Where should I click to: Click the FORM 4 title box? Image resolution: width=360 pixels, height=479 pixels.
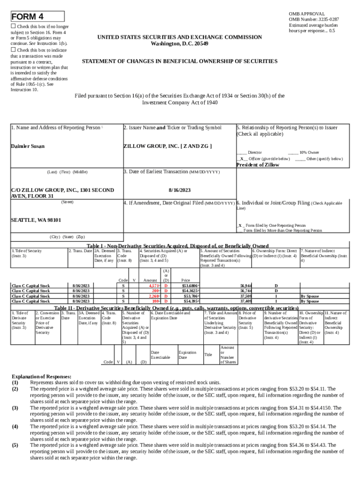(37, 17)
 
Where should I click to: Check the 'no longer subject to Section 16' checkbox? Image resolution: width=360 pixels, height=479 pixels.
(14, 27)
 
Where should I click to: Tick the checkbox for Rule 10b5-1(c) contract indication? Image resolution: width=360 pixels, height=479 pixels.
(14, 50)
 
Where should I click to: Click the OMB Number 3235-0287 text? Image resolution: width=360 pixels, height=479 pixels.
(314, 19)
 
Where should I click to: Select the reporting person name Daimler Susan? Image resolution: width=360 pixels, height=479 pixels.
(28, 146)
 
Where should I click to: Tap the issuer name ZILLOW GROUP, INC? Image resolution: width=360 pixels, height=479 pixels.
(167, 146)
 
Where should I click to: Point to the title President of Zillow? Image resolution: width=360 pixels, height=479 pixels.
(258, 165)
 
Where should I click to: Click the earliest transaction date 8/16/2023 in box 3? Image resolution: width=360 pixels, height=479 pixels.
(180, 190)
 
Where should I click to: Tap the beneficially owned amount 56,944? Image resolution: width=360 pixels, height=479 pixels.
(246, 285)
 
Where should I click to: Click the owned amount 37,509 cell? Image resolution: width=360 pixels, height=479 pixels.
(246, 296)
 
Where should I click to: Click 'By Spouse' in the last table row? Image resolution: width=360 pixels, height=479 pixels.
(310, 302)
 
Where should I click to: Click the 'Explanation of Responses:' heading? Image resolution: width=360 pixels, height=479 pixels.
(41, 376)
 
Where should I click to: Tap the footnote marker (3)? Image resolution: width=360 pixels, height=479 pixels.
(15, 408)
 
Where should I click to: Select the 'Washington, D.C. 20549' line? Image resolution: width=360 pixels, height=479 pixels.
(180, 44)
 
